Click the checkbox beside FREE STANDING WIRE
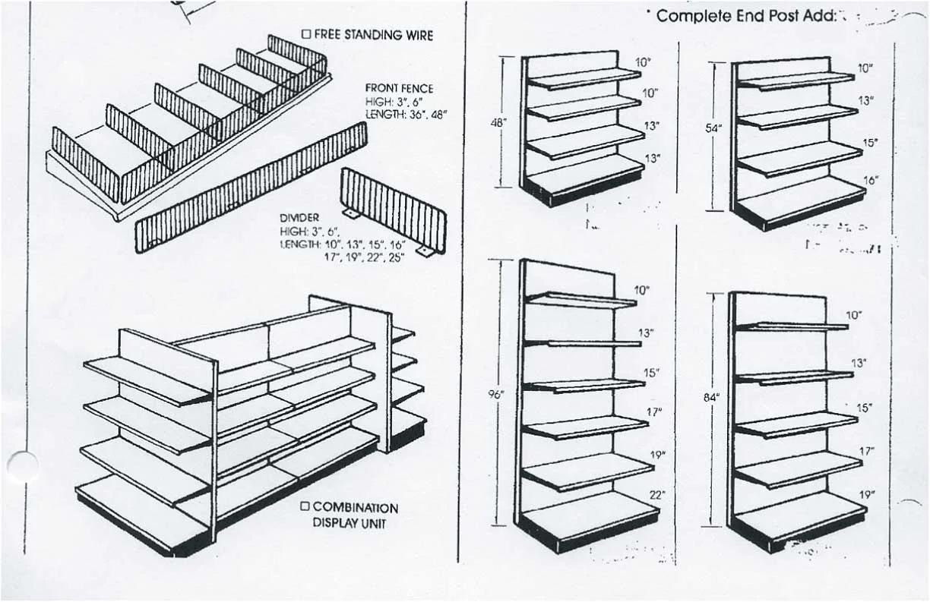pyautogui.click(x=306, y=34)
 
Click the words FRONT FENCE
pyautogui.click(x=398, y=89)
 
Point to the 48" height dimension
pyautogui.click(x=498, y=123)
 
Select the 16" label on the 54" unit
pyautogui.click(x=871, y=181)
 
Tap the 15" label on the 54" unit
pyautogui.click(x=869, y=143)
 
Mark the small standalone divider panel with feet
pyautogui.click(x=392, y=206)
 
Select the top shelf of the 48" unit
pyautogui.click(x=584, y=77)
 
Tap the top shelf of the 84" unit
pyautogui.click(x=792, y=326)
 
